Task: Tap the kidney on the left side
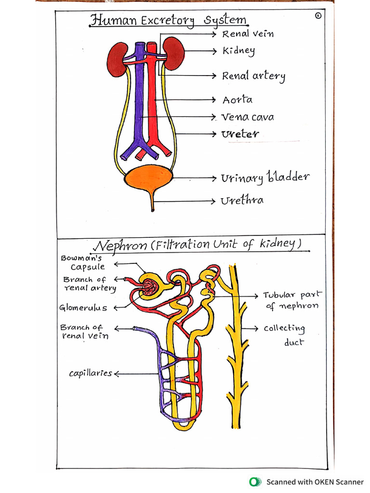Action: pos(117,60)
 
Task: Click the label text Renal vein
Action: pos(242,34)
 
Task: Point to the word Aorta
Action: pos(237,100)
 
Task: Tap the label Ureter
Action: pos(240,134)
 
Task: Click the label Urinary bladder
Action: pos(264,178)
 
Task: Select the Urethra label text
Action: pos(242,200)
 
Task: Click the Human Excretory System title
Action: pos(169,21)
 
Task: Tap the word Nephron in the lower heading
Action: pos(120,245)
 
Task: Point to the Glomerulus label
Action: pos(83,308)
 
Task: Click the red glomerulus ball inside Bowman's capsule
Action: pos(149,288)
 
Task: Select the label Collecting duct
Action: pos(285,335)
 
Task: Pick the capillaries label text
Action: pos(90,373)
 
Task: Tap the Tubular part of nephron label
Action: pos(292,300)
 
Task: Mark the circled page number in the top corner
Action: pos(318,16)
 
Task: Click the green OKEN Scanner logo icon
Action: pos(254,481)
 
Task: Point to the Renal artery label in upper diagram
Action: pos(253,76)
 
